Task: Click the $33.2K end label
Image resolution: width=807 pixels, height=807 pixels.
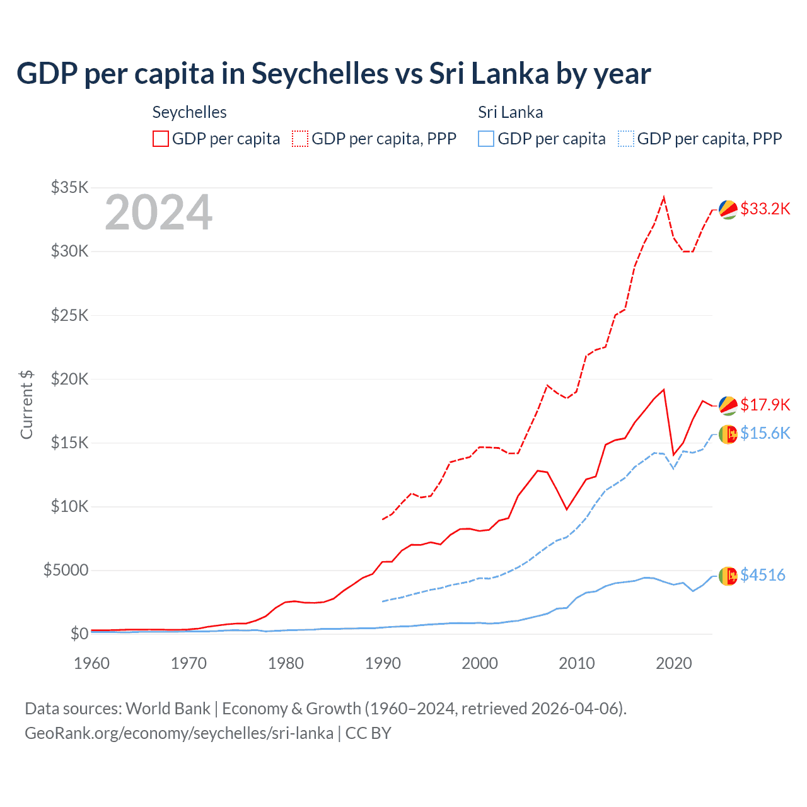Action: [765, 209]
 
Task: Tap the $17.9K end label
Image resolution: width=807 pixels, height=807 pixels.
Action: [765, 405]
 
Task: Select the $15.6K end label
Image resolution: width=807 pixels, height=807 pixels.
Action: [765, 433]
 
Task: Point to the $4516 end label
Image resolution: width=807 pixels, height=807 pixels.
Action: [762, 575]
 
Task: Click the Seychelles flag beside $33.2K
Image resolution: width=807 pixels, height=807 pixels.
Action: [728, 210]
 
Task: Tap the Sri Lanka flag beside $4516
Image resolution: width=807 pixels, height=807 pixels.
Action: [728, 576]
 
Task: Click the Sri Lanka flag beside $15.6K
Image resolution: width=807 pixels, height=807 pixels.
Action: [728, 434]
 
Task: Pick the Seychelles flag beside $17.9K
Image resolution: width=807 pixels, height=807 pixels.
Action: [728, 406]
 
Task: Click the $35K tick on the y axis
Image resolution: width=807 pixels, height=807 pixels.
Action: [70, 187]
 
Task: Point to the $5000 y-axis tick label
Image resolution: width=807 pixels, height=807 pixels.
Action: [66, 570]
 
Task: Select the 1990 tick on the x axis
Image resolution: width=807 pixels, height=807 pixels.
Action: [383, 663]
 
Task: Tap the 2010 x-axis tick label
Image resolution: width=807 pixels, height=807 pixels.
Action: [577, 663]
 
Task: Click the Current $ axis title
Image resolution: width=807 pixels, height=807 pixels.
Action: [26, 405]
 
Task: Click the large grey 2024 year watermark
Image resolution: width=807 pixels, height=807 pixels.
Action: [158, 212]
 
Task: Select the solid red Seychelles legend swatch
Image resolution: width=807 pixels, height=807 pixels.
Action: [161, 139]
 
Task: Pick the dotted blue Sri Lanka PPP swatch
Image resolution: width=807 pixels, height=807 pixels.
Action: [626, 139]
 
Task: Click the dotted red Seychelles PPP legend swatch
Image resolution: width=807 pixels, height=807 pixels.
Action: [300, 139]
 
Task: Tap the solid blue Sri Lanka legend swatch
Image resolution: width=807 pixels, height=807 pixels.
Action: [486, 139]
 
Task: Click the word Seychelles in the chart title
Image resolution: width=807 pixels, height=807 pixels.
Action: [320, 74]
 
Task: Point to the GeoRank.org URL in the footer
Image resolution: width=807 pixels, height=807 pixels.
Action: [179, 733]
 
